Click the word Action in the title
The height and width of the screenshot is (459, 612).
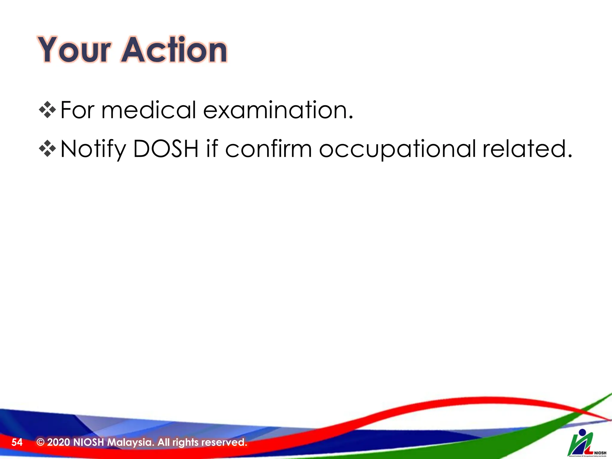tap(174, 50)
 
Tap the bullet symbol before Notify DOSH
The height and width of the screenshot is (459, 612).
tap(48, 149)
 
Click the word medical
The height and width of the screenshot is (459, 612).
tap(149, 110)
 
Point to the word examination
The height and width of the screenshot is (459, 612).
tap(278, 110)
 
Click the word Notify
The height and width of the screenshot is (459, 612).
tap(93, 149)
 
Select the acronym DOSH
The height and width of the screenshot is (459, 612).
tap(166, 149)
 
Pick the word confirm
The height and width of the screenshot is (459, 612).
tap(268, 149)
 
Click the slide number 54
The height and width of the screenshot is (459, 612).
tap(17, 442)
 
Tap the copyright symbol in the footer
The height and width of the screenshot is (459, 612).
tap(40, 442)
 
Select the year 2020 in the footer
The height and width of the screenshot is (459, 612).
tap(59, 442)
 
